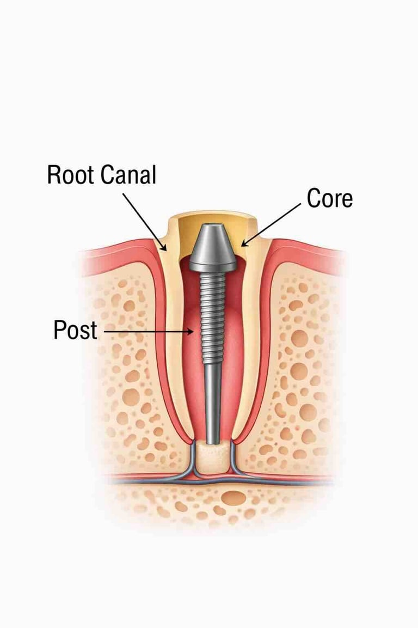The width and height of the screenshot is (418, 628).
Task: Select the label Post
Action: [x=75, y=330]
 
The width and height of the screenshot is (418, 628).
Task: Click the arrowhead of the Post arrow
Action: [x=192, y=330]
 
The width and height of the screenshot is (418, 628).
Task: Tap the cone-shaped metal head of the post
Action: [x=212, y=245]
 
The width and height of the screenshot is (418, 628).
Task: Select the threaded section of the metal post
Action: [x=212, y=310]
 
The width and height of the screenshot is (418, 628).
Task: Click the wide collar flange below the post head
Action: [x=212, y=266]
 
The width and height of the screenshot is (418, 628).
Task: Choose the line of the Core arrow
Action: [x=272, y=223]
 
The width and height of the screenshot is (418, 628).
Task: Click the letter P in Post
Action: [x=60, y=330]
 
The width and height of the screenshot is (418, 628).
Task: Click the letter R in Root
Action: [x=54, y=175]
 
